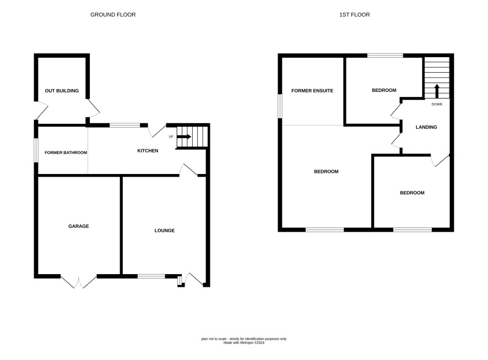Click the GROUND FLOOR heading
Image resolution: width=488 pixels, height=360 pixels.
pyautogui.click(x=113, y=15)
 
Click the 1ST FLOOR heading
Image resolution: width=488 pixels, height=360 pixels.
pyautogui.click(x=355, y=15)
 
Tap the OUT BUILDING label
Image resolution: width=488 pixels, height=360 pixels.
pyautogui.click(x=62, y=91)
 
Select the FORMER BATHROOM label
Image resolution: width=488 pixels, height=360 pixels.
pyautogui.click(x=66, y=152)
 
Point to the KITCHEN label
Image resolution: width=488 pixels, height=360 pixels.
pyautogui.click(x=148, y=151)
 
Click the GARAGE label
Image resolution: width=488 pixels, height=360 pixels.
pyautogui.click(x=78, y=226)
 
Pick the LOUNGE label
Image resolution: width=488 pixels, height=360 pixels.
pyautogui.click(x=164, y=231)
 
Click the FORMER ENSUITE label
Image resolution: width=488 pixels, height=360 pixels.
pyautogui.click(x=312, y=91)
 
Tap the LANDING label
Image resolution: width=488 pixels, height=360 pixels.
pyautogui.click(x=426, y=127)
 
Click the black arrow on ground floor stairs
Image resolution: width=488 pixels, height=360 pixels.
pyautogui.click(x=184, y=137)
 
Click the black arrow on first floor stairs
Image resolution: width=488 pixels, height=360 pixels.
pyautogui.click(x=437, y=91)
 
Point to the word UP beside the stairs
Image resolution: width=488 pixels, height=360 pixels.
pyautogui.click(x=171, y=137)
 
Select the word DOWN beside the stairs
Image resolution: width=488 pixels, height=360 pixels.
pyautogui.click(x=437, y=104)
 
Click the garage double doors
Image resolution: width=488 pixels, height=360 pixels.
pyautogui.click(x=79, y=282)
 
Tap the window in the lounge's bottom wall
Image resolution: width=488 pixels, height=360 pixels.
pyautogui.click(x=151, y=276)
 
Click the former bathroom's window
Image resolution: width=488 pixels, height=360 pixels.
pyautogui.click(x=36, y=150)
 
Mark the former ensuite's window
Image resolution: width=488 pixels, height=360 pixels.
pyautogui.click(x=280, y=106)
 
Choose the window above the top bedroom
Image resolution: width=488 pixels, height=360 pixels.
pyautogui.click(x=386, y=56)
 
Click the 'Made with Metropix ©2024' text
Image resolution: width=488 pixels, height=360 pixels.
pyautogui.click(x=244, y=343)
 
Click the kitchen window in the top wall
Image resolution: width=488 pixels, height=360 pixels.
pyautogui.click(x=125, y=126)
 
